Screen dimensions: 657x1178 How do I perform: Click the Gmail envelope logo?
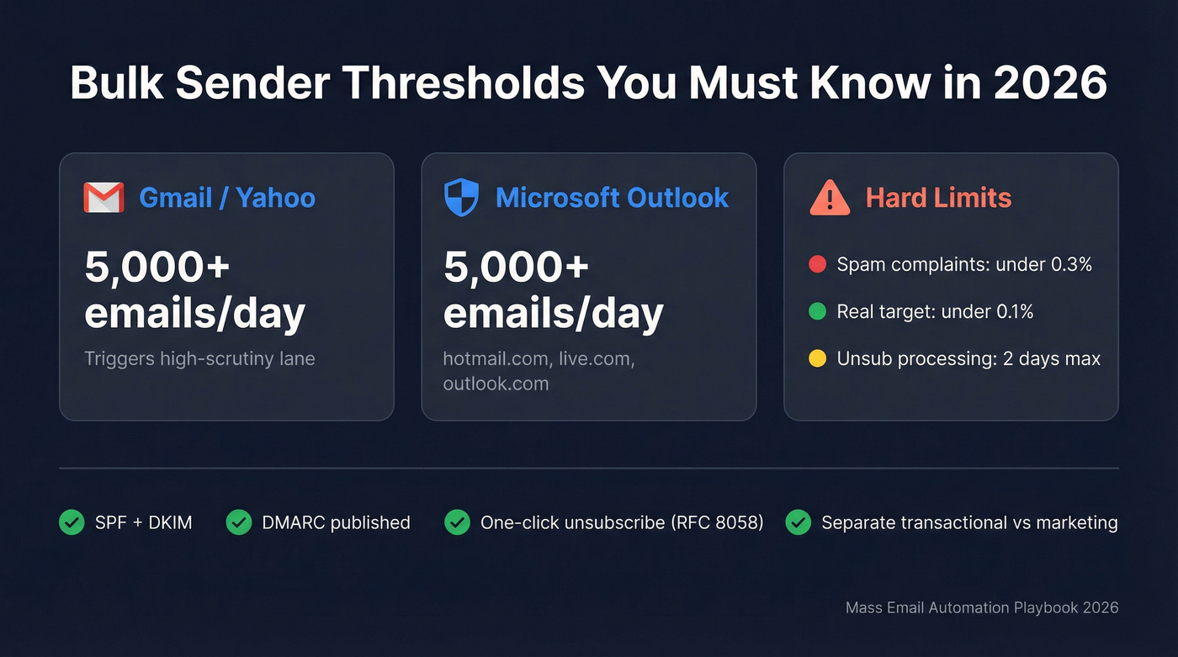tap(103, 198)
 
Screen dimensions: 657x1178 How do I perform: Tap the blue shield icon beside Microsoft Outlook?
tap(461, 198)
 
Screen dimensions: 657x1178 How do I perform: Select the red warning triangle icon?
tap(829, 199)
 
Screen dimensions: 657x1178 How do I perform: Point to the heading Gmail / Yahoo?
tap(227, 198)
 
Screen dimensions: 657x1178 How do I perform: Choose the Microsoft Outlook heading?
tap(612, 198)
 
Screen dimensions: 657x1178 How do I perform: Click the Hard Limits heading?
tap(938, 198)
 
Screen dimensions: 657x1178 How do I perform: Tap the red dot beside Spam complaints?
tap(816, 264)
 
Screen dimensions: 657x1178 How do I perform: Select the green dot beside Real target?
tap(816, 312)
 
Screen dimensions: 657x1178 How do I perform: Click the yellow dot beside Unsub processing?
tap(816, 359)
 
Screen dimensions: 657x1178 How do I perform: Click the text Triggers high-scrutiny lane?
tap(199, 358)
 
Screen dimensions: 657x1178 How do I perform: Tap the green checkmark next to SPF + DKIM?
tap(72, 522)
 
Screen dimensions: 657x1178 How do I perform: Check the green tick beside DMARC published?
tap(239, 522)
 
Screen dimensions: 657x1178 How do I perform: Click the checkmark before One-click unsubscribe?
tap(457, 522)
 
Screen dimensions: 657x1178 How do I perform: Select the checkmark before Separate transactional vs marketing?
tap(798, 522)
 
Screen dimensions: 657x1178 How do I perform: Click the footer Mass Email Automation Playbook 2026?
tap(982, 607)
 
